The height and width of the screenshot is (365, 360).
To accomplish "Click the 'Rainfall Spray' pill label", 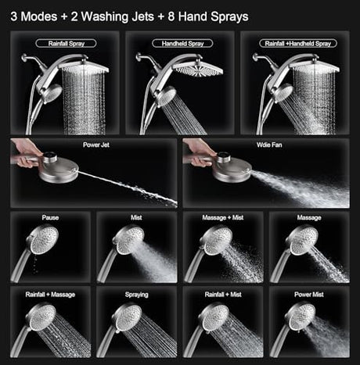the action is pos(66,43).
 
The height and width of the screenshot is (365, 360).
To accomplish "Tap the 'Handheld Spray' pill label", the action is pos(182,43).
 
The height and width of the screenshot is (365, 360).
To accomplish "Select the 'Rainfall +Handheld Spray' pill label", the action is pos(298,43).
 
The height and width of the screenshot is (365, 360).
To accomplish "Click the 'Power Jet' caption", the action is pos(96,145).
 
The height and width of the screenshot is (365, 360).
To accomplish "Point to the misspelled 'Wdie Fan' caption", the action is pos(269,145).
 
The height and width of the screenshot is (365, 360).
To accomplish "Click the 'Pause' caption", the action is pos(50,217).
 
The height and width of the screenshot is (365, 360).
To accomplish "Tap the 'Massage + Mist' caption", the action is pos(223,217).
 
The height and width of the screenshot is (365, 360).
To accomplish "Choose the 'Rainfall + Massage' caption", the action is pos(50,295).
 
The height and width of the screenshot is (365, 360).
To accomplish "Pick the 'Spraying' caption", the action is pos(136,295).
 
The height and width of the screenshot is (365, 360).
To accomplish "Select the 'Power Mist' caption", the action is pos(309,295).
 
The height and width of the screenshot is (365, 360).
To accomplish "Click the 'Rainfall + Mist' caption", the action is pos(223,295).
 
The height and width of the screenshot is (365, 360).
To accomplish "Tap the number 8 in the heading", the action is pos(171,16).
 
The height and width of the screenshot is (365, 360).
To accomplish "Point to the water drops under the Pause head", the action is pos(35,264).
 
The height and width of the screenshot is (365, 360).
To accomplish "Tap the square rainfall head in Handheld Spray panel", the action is pos(198,68).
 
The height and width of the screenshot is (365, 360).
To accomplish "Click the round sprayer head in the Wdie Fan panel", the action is pos(232,170).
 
